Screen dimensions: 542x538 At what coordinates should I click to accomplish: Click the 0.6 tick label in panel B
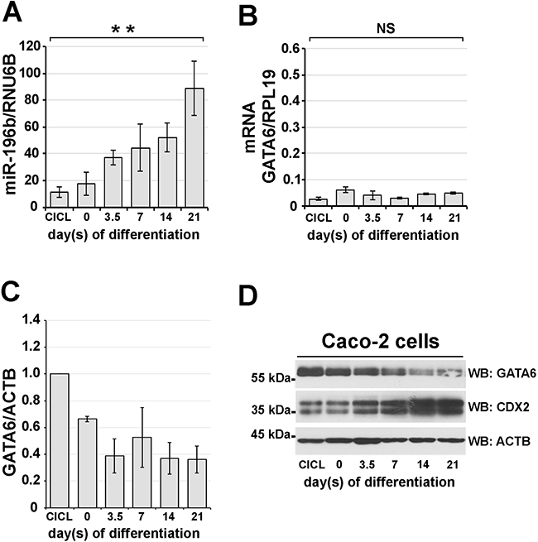click(291, 48)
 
